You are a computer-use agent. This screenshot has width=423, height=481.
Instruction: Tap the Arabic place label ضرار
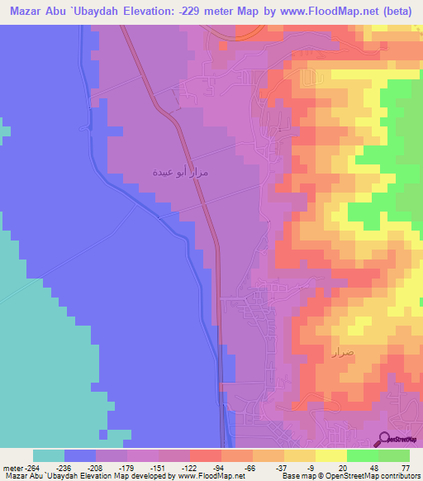[342, 353]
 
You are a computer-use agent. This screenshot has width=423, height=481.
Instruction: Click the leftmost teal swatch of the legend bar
[49, 455]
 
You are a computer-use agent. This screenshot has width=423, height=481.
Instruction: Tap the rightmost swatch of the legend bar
[394, 455]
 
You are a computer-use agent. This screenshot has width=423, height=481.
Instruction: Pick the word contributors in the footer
[399, 476]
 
